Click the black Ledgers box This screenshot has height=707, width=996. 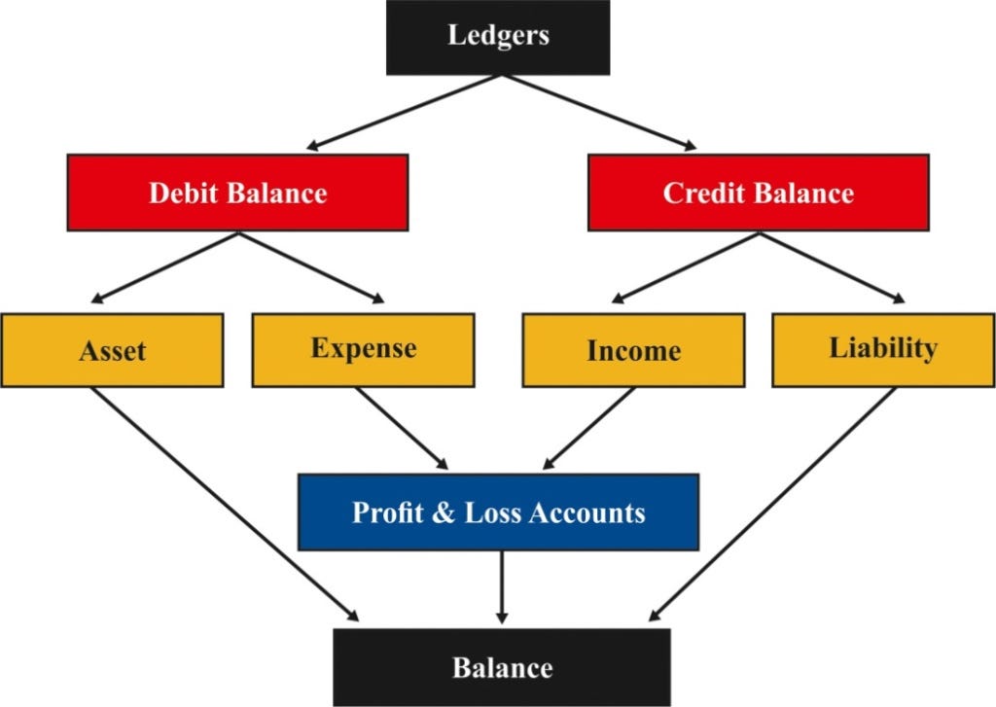(x=498, y=37)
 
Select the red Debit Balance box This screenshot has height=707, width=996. (x=237, y=192)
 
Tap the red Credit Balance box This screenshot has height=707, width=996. (x=758, y=192)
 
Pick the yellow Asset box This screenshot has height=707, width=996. (x=112, y=349)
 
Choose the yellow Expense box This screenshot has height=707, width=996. (x=363, y=349)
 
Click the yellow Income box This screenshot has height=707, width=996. (x=633, y=350)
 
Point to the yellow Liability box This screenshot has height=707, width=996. (x=883, y=349)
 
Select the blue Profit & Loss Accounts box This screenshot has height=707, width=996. (x=498, y=512)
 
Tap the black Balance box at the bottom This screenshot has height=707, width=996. (x=502, y=667)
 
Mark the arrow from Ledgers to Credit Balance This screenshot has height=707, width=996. (x=599, y=112)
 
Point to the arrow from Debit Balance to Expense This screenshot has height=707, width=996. (x=311, y=267)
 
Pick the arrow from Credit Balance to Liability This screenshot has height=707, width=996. (x=832, y=267)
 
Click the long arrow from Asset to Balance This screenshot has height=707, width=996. (x=224, y=503)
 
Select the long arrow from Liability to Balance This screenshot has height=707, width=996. (x=772, y=503)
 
